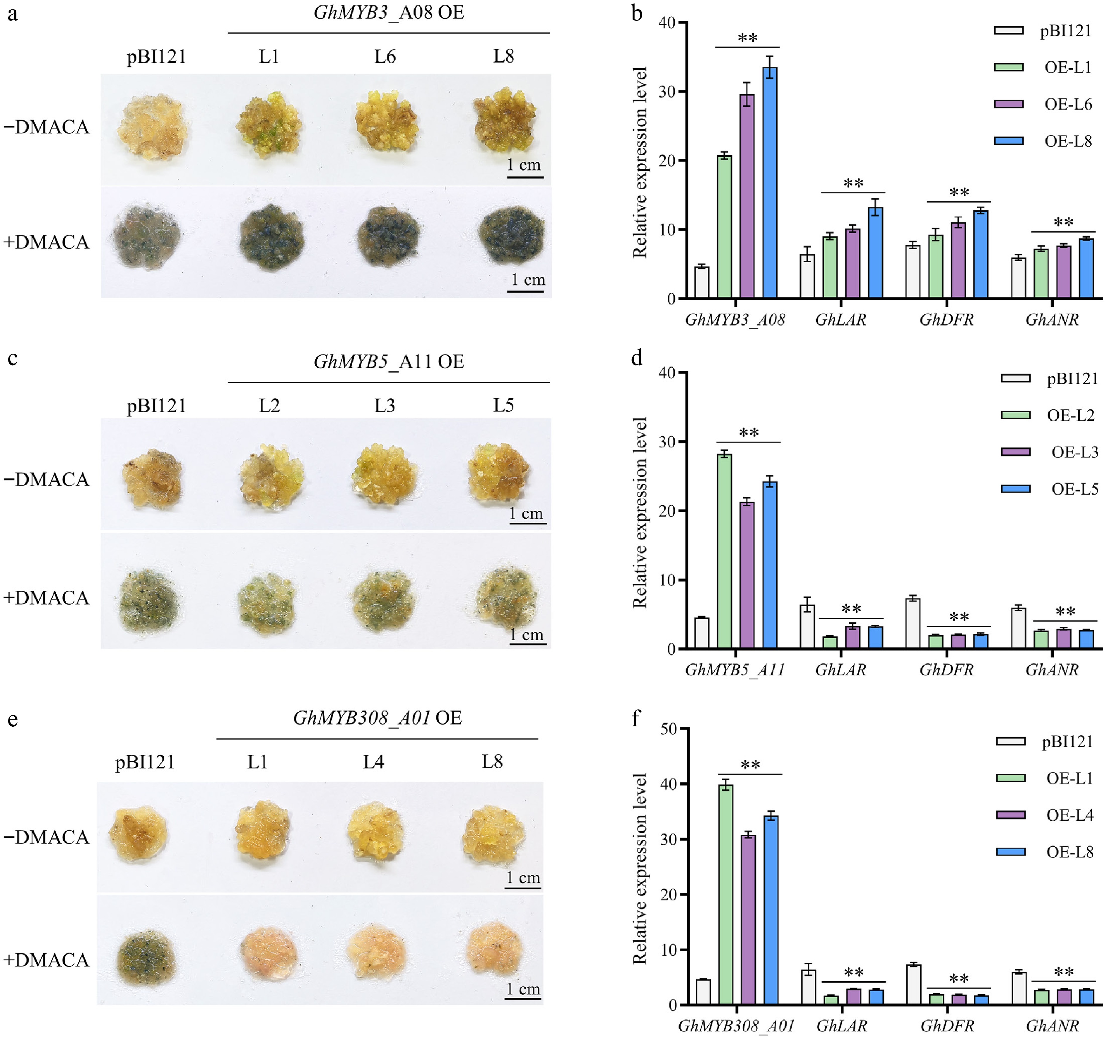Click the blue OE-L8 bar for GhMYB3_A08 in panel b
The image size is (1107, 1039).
pos(770,184)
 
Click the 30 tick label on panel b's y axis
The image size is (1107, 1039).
pos(667,92)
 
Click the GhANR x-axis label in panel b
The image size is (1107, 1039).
pos(1052,320)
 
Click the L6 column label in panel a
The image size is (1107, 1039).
pos(385,56)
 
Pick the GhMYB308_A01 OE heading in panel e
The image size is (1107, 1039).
pos(377,718)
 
